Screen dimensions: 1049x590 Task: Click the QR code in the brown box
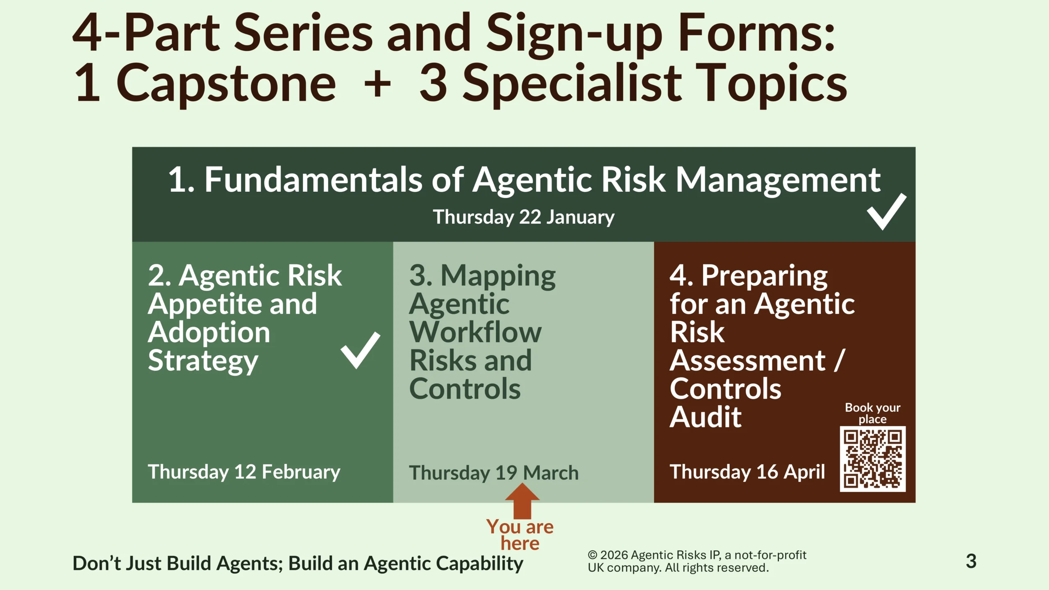click(x=872, y=459)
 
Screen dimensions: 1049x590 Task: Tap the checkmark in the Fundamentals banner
click(x=886, y=212)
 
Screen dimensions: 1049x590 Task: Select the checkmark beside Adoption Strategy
click(x=360, y=350)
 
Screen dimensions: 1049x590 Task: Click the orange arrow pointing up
click(x=522, y=501)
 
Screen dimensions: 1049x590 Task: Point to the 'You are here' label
click(x=520, y=535)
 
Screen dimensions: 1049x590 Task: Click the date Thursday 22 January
click(x=524, y=217)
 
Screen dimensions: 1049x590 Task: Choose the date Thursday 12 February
click(x=244, y=472)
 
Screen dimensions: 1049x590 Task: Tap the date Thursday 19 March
click(x=494, y=473)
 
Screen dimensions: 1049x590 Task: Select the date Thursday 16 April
click(x=747, y=472)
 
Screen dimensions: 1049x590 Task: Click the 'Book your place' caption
click(x=872, y=413)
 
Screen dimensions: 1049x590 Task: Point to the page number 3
click(x=971, y=561)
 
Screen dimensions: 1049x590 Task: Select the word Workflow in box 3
click(x=475, y=332)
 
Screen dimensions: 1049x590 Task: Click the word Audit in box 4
click(x=706, y=417)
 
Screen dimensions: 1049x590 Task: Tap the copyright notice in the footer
click(x=697, y=561)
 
